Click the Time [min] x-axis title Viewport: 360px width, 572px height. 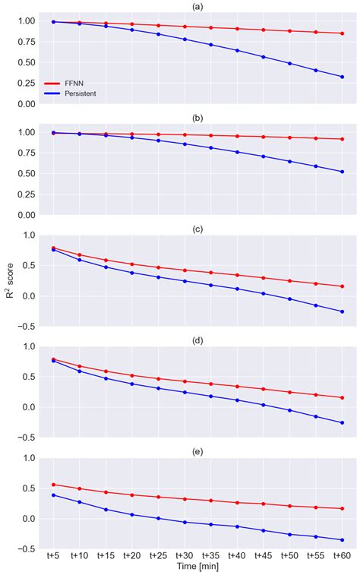[x=197, y=566]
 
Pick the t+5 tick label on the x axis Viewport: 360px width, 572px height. [x=53, y=555]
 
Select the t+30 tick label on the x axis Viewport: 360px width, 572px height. [x=185, y=555]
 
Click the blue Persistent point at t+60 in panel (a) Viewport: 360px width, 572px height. [x=343, y=77]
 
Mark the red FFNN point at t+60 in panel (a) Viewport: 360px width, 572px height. [x=343, y=33]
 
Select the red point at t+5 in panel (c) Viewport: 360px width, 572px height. [x=53, y=248]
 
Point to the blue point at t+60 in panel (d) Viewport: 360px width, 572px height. [x=343, y=423]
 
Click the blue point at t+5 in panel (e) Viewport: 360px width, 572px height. [x=53, y=495]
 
